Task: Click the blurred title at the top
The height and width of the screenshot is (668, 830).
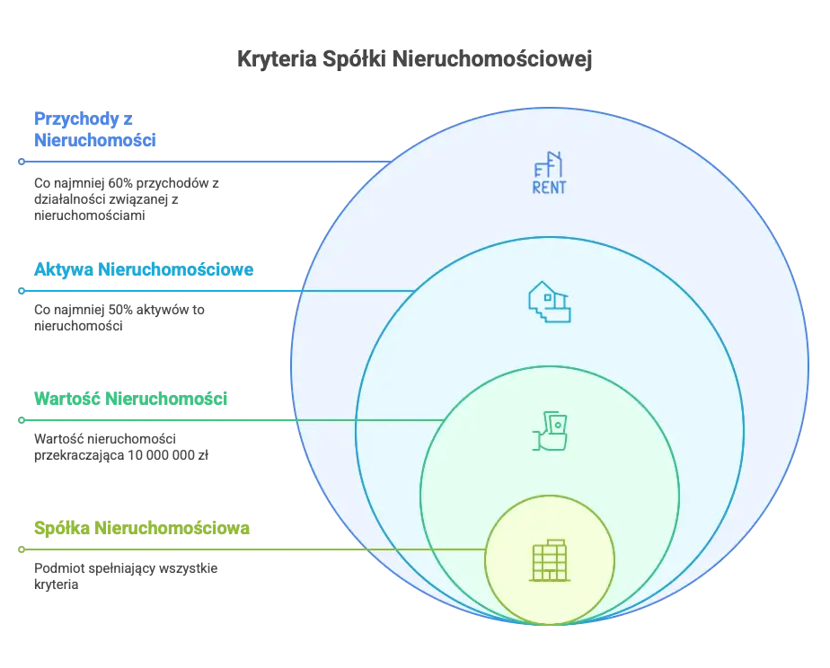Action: point(415,59)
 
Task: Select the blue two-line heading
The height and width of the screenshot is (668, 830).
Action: point(94,130)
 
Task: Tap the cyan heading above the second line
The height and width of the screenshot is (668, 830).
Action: point(144,270)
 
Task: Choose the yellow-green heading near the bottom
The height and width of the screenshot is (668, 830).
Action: point(141,529)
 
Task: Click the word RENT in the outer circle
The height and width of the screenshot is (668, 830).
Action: point(549,188)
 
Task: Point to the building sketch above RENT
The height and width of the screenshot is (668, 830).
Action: point(549,164)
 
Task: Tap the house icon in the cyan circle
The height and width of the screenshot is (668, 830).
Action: point(549,302)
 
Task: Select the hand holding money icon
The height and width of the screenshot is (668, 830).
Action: point(549,431)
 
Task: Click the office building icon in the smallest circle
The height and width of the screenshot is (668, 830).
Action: point(549,560)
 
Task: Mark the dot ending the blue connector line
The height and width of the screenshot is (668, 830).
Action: point(20,162)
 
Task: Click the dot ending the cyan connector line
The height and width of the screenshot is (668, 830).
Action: point(20,291)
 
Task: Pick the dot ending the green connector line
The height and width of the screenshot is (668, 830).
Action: point(20,420)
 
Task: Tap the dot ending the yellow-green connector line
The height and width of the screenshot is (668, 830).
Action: point(20,549)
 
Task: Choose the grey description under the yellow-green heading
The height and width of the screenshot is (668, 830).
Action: point(126,576)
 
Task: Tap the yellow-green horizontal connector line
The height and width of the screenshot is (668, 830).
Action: point(252,549)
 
